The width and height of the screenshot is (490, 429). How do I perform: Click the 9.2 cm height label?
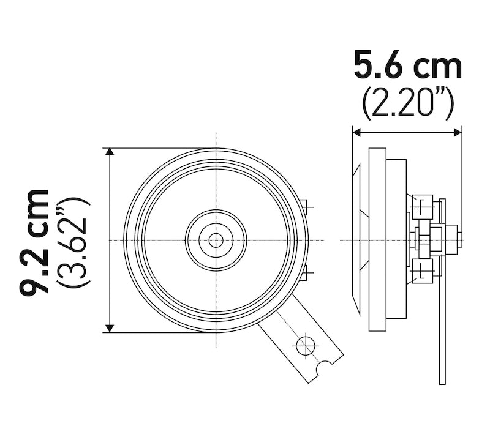[x=34, y=242]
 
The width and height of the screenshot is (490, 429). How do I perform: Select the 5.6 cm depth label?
[x=407, y=66]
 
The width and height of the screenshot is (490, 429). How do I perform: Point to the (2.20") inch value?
[x=407, y=104]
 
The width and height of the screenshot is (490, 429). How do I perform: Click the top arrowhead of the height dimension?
[x=110, y=152]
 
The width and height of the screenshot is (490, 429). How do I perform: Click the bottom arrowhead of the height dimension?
[x=110, y=327]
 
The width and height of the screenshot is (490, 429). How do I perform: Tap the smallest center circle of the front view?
[x=216, y=240]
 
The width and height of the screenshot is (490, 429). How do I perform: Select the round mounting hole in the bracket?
[x=305, y=346]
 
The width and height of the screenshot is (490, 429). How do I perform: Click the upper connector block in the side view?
[x=423, y=206]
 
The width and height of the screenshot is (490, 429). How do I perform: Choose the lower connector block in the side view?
[x=423, y=270]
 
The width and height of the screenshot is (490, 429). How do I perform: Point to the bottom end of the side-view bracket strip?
[x=442, y=379]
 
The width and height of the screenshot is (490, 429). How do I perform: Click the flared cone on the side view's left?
[x=361, y=239]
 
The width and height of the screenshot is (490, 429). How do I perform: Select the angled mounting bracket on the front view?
[x=300, y=340]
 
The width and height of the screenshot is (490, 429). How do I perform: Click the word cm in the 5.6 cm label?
[x=437, y=66]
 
